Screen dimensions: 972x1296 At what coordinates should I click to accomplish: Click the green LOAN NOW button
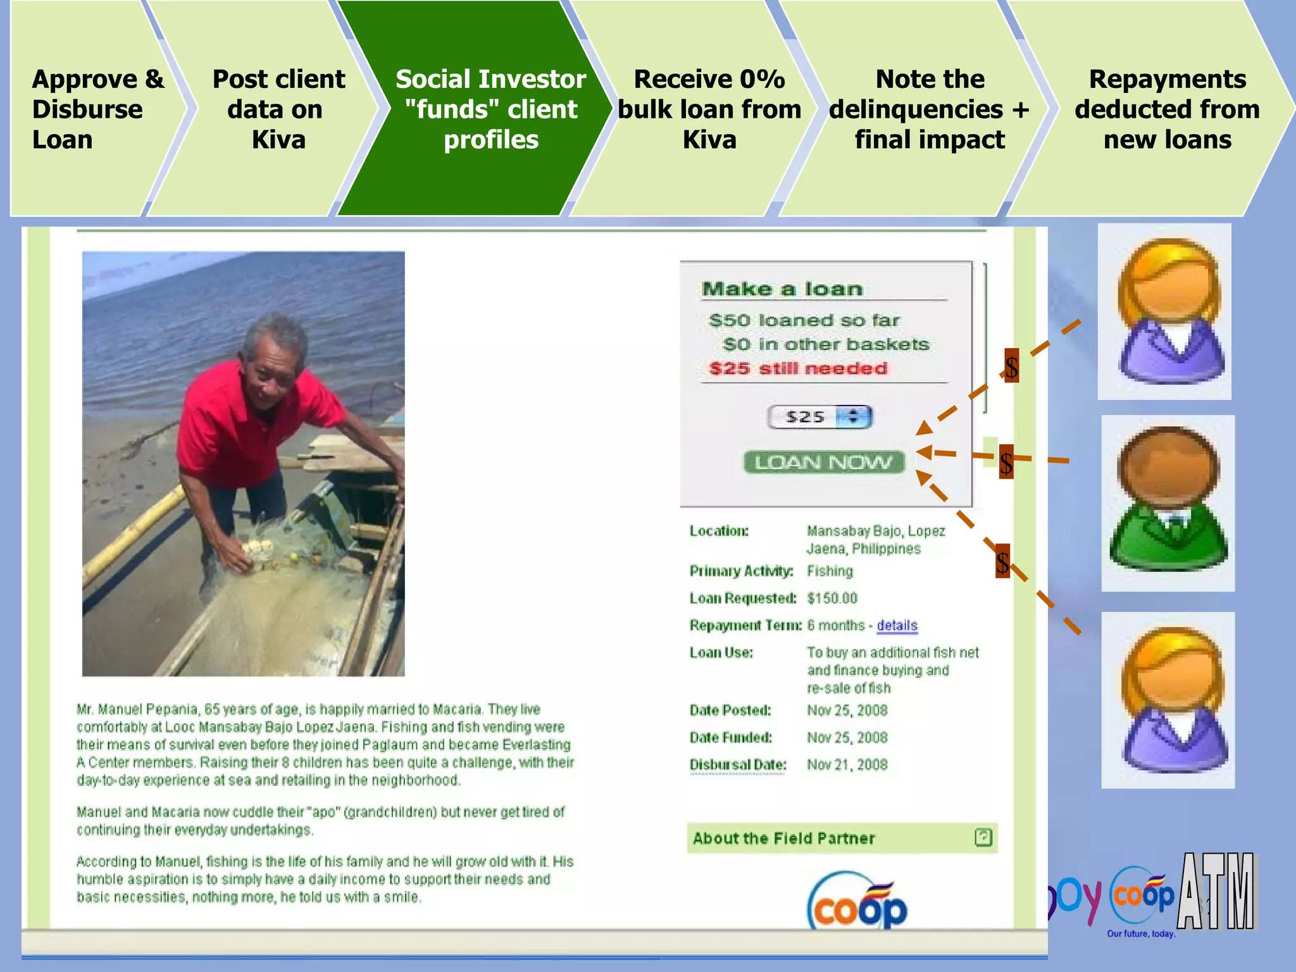click(823, 463)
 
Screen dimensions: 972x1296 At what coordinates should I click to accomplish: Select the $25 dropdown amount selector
click(819, 417)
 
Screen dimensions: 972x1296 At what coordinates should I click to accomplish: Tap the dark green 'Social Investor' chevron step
click(490, 109)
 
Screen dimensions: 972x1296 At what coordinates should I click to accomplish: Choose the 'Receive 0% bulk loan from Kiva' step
click(709, 109)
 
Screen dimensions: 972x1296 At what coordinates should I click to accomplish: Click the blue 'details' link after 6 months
click(897, 626)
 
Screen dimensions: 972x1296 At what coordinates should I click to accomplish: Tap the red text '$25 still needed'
click(798, 369)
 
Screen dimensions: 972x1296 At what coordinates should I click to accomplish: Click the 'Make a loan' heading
click(782, 289)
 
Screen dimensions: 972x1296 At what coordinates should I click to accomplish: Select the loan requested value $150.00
click(832, 599)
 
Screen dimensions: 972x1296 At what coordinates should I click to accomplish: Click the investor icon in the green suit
click(1168, 503)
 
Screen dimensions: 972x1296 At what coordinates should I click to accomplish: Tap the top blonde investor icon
click(1164, 311)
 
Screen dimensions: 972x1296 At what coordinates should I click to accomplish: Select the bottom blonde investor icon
click(1168, 700)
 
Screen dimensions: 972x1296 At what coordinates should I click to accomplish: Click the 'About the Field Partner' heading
click(783, 838)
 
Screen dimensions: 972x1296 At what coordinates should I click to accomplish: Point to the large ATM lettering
click(1216, 892)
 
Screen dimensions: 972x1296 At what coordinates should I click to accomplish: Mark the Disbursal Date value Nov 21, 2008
click(847, 765)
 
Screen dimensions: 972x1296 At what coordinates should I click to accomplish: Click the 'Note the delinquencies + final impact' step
click(929, 109)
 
